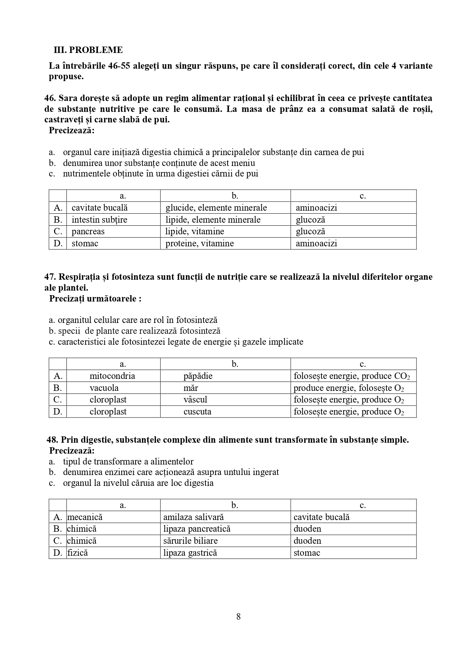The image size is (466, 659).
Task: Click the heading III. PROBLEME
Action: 88,50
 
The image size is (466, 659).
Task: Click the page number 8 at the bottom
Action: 238,616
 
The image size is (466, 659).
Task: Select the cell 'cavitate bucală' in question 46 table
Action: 100,208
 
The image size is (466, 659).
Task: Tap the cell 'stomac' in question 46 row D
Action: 85,243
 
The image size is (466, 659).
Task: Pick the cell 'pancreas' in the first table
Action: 88,231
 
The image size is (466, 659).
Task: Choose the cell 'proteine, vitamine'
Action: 199,243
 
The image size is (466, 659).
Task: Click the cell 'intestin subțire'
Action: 99,220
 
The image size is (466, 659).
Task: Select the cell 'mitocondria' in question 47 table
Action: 112,376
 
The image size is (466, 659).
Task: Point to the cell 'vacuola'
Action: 104,388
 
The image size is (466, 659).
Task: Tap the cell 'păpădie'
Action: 198,376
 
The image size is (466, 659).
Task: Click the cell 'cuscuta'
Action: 197,412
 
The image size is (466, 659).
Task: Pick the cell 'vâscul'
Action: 195,400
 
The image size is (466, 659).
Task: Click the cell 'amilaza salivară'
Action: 193,517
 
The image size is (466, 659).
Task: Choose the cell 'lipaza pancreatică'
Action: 197,529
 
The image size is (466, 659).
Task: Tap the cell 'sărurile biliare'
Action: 190,541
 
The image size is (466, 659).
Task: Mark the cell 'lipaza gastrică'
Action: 190,553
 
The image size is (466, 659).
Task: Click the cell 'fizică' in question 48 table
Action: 78,553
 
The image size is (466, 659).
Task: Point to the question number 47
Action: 50,277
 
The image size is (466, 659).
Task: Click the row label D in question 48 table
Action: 57,553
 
